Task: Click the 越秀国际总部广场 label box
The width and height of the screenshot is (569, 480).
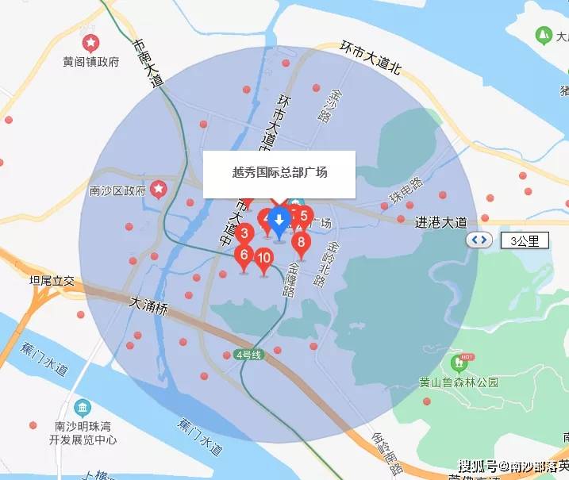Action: click(x=279, y=173)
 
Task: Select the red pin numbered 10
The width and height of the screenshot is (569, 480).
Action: click(x=264, y=258)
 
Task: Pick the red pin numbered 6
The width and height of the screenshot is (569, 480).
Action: click(x=244, y=255)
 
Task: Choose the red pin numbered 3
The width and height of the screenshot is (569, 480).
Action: click(x=245, y=234)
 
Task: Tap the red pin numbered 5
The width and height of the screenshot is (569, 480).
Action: click(x=303, y=214)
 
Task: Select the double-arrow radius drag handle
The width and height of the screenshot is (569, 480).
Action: click(x=478, y=240)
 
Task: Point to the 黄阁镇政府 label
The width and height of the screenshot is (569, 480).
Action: click(x=91, y=61)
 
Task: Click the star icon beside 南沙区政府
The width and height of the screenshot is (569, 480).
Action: click(x=160, y=189)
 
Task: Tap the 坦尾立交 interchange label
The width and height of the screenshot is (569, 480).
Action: click(x=52, y=280)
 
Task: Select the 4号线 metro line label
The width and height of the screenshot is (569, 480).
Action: click(x=248, y=355)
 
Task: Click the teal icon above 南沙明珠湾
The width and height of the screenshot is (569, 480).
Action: click(x=83, y=408)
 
